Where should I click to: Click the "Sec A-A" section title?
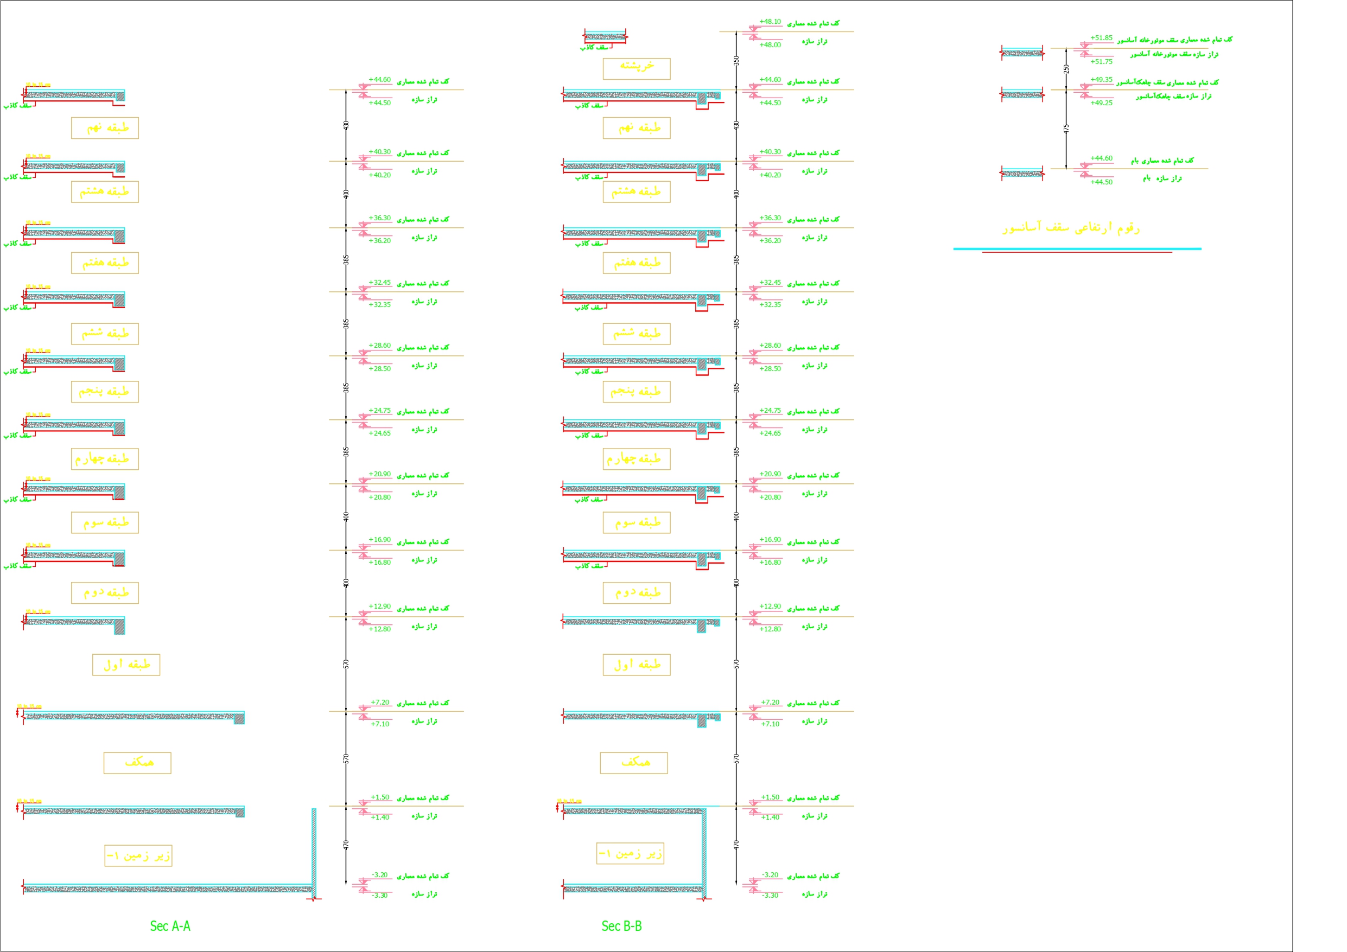[x=170, y=926]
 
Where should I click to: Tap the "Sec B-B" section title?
[x=621, y=926]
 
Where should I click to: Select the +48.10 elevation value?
[x=770, y=22]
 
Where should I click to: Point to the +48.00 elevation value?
[x=770, y=45]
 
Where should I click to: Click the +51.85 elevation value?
[x=1101, y=38]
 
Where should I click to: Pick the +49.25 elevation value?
[x=1101, y=103]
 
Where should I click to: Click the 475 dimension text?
[x=1066, y=128]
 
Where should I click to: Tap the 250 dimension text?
[x=1066, y=69]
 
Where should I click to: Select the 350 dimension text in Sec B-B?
[x=736, y=60]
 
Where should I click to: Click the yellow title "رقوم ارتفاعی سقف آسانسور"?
[x=1071, y=228]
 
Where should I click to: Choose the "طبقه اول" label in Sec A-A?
[x=126, y=665]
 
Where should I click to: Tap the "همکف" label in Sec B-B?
[x=633, y=763]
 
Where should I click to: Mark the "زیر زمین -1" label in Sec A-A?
[x=138, y=856]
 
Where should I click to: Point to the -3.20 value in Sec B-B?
[x=770, y=875]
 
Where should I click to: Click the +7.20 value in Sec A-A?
[x=379, y=702]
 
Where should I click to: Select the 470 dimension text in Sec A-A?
[x=346, y=845]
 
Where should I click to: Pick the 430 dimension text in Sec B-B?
[x=736, y=125]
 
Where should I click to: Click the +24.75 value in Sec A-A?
[x=379, y=411]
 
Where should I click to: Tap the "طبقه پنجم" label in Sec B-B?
[x=637, y=392]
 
